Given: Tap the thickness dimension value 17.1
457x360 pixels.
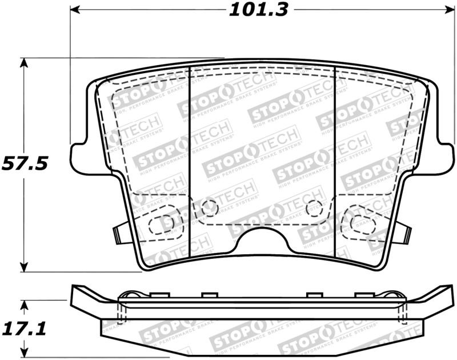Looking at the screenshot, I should click(x=24, y=329).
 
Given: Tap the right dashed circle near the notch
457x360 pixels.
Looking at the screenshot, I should click(x=314, y=208).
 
